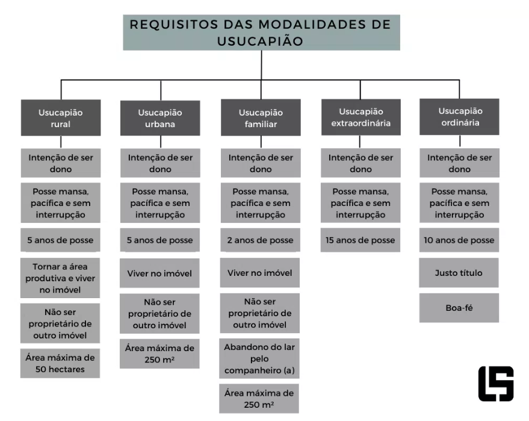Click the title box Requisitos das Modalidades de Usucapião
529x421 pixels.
pos(261,33)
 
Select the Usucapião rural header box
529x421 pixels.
pos(60,118)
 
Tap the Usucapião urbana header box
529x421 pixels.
pos(159,118)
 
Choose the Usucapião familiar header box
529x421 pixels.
pos(261,118)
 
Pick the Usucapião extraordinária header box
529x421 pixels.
pos(360,117)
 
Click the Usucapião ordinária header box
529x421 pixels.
pos(459,117)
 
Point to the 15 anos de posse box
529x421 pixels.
pos(360,240)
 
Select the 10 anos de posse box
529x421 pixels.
pos(459,240)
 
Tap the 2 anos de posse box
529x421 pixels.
pos(261,240)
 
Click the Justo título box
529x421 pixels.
pos(459,273)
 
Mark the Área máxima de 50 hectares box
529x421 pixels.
pos(60,363)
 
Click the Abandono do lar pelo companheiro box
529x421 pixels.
pos(259,359)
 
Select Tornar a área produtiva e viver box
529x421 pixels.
pos(60,278)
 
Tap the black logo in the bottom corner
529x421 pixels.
pos(496,384)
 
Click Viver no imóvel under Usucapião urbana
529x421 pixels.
pos(159,273)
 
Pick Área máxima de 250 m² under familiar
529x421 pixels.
pos(259,398)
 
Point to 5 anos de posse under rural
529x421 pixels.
pos(60,240)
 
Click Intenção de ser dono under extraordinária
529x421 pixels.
pos(360,163)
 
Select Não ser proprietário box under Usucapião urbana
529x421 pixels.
pos(159,314)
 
